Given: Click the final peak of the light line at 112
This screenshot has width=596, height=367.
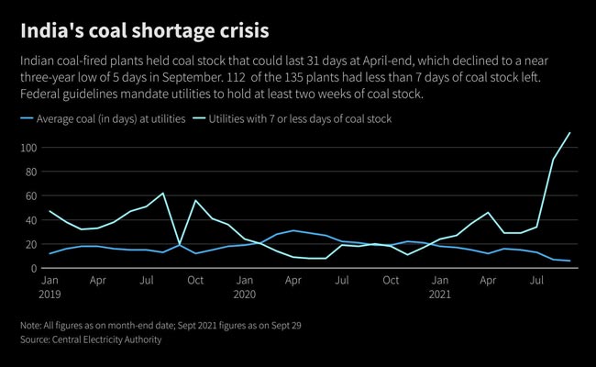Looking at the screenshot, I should click(x=570, y=133).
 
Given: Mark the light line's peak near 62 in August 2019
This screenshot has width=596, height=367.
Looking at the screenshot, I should click(x=163, y=193).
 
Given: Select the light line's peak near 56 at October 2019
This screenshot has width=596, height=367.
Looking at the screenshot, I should click(x=195, y=200).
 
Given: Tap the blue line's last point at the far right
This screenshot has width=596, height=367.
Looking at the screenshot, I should click(x=570, y=261).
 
